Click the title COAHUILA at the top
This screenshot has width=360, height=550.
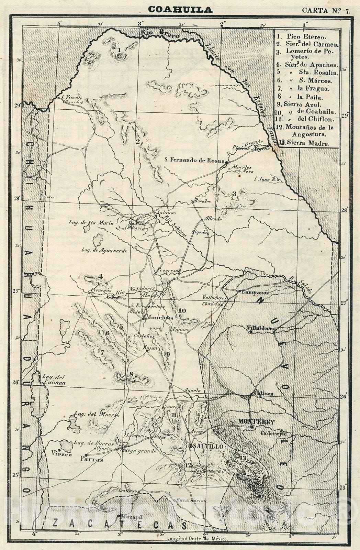[x=180, y=10]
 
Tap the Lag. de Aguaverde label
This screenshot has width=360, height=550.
[x=104, y=251]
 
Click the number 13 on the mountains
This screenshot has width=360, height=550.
[x=243, y=458]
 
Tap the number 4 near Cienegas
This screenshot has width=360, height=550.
[x=101, y=276]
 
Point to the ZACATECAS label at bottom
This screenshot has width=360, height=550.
[x=119, y=524]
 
